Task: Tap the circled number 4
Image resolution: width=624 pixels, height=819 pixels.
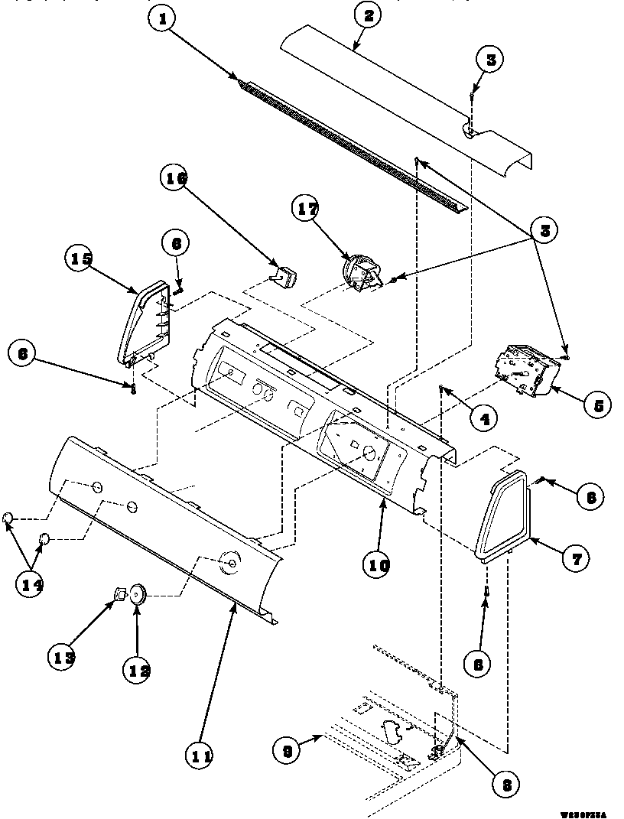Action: click(484, 418)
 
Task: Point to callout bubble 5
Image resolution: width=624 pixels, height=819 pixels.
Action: click(597, 404)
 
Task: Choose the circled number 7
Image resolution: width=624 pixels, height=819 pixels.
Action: click(576, 559)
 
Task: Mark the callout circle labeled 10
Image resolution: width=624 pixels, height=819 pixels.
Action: click(379, 566)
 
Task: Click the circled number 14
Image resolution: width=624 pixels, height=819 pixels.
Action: click(29, 585)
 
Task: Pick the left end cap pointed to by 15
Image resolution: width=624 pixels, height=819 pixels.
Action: click(144, 321)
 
